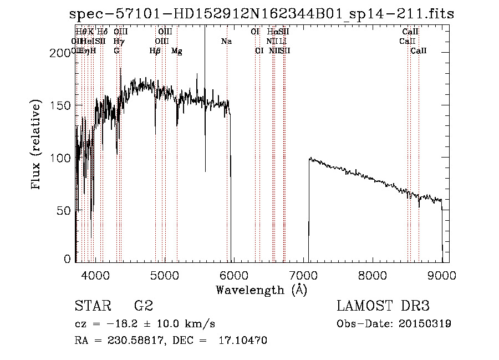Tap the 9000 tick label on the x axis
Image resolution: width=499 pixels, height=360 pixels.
pyautogui.click(x=442, y=274)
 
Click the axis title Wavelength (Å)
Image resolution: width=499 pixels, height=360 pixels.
pyautogui.click(x=261, y=290)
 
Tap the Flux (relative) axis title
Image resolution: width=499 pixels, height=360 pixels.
pyautogui.click(x=37, y=145)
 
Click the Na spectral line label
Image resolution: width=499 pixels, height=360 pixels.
pyautogui.click(x=226, y=42)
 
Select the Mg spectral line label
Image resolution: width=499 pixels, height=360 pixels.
pyautogui.click(x=177, y=51)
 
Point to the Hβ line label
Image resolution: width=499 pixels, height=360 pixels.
pyautogui.click(x=155, y=51)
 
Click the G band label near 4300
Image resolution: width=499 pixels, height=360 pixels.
pyautogui.click(x=116, y=51)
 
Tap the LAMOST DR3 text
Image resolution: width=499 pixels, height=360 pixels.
pyautogui.click(x=383, y=306)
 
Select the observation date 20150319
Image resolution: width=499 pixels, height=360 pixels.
pyautogui.click(x=425, y=323)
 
